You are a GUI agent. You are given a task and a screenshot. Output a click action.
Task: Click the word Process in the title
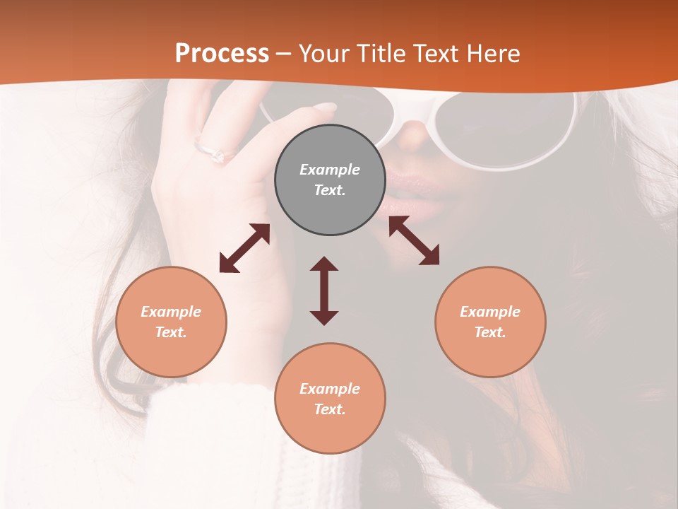click(x=222, y=54)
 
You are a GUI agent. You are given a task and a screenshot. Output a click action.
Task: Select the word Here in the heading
click(x=492, y=54)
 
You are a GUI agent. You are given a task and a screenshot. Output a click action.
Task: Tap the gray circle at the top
click(x=330, y=180)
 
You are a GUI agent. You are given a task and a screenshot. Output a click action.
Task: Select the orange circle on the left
click(x=171, y=322)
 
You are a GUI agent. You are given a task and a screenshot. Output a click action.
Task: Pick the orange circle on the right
click(x=490, y=322)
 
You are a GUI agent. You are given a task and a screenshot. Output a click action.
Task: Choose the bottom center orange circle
click(x=330, y=399)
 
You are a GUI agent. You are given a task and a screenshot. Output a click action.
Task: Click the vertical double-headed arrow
click(x=324, y=291)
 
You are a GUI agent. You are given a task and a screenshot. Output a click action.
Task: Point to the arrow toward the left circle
click(x=244, y=248)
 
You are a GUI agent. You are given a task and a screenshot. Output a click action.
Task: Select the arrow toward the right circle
click(x=414, y=240)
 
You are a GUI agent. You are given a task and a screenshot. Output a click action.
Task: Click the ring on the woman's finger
click(x=214, y=151)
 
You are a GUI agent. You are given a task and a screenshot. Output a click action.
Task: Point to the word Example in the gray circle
click(x=330, y=170)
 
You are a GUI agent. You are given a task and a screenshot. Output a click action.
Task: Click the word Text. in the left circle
click(x=171, y=332)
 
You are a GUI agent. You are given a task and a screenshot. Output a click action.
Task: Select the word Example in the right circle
click(x=490, y=312)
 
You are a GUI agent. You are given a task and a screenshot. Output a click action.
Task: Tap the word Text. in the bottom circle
click(x=330, y=409)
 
